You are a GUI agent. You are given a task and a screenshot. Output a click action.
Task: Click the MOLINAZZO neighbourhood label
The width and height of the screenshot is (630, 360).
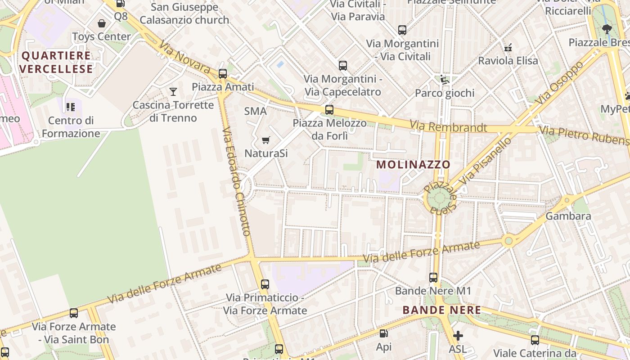click(x=413, y=164)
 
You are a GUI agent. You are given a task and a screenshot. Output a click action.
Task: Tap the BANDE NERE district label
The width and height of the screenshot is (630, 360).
click(x=441, y=310)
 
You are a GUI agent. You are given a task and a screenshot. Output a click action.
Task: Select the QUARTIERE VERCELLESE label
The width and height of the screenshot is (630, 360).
click(x=56, y=62)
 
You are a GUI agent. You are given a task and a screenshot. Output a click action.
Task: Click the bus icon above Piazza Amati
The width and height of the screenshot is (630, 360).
click(x=222, y=74)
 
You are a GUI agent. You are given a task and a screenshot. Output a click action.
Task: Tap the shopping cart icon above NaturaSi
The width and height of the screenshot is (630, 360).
click(x=266, y=140)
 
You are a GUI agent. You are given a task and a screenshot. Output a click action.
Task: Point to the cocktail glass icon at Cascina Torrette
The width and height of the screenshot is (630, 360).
click(x=173, y=92)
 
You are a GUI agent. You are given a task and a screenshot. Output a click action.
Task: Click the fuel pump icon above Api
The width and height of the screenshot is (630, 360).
click(x=383, y=333)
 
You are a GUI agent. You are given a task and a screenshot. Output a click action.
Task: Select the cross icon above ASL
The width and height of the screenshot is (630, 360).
click(x=458, y=336)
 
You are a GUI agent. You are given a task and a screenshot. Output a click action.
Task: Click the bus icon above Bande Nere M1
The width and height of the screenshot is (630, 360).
click(x=433, y=278)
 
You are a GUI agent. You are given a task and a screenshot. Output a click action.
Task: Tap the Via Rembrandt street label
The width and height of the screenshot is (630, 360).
click(x=448, y=126)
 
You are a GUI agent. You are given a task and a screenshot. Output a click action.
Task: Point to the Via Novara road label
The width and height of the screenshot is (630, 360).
click(x=184, y=57)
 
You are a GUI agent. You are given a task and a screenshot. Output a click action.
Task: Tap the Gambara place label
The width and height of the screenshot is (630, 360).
click(x=568, y=216)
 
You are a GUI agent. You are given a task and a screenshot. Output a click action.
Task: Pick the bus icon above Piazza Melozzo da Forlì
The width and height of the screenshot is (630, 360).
click(x=329, y=110)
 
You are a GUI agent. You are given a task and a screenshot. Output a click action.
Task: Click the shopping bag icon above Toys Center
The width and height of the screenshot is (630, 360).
click(x=102, y=23)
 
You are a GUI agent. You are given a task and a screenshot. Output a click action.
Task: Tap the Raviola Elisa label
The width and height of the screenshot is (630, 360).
click(x=508, y=60)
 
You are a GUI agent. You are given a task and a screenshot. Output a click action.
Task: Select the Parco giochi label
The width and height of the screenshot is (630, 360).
click(x=445, y=93)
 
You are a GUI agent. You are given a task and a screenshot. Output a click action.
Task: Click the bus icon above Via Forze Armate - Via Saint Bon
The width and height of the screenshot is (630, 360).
click(x=74, y=313)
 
